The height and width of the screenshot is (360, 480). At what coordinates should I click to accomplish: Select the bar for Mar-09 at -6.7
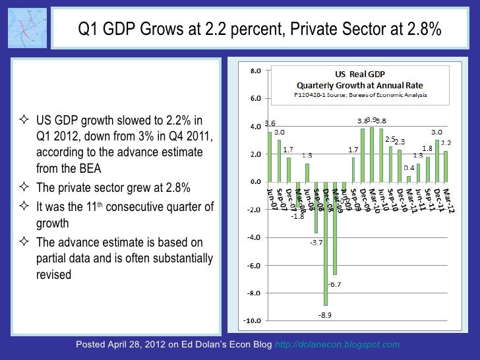[x=334, y=227]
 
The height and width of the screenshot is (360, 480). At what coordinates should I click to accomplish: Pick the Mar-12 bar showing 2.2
[x=446, y=166]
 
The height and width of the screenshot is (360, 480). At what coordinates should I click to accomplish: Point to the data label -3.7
[x=315, y=243]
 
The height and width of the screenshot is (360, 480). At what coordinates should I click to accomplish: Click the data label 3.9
[x=371, y=119]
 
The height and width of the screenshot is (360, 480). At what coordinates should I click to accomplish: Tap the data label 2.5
[x=390, y=139]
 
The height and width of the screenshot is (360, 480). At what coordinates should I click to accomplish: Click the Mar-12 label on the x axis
[x=448, y=198]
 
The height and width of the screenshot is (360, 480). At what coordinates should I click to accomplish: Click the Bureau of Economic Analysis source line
[x=359, y=95]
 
